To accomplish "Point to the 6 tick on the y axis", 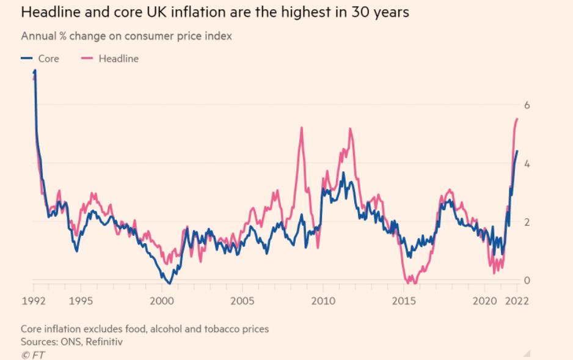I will [x=527, y=105].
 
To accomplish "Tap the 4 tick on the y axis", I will [x=527, y=164].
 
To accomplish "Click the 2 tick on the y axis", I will [x=527, y=222].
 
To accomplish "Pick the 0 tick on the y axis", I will [x=527, y=281].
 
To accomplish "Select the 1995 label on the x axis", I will [x=81, y=300].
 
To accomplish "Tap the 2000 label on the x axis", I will [x=162, y=300].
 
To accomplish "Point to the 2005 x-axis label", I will [x=242, y=300].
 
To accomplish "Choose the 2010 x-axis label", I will [x=323, y=300].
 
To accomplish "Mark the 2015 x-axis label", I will [x=403, y=300].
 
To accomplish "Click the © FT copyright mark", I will [x=32, y=354].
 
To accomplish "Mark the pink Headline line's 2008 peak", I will [x=301, y=128].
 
